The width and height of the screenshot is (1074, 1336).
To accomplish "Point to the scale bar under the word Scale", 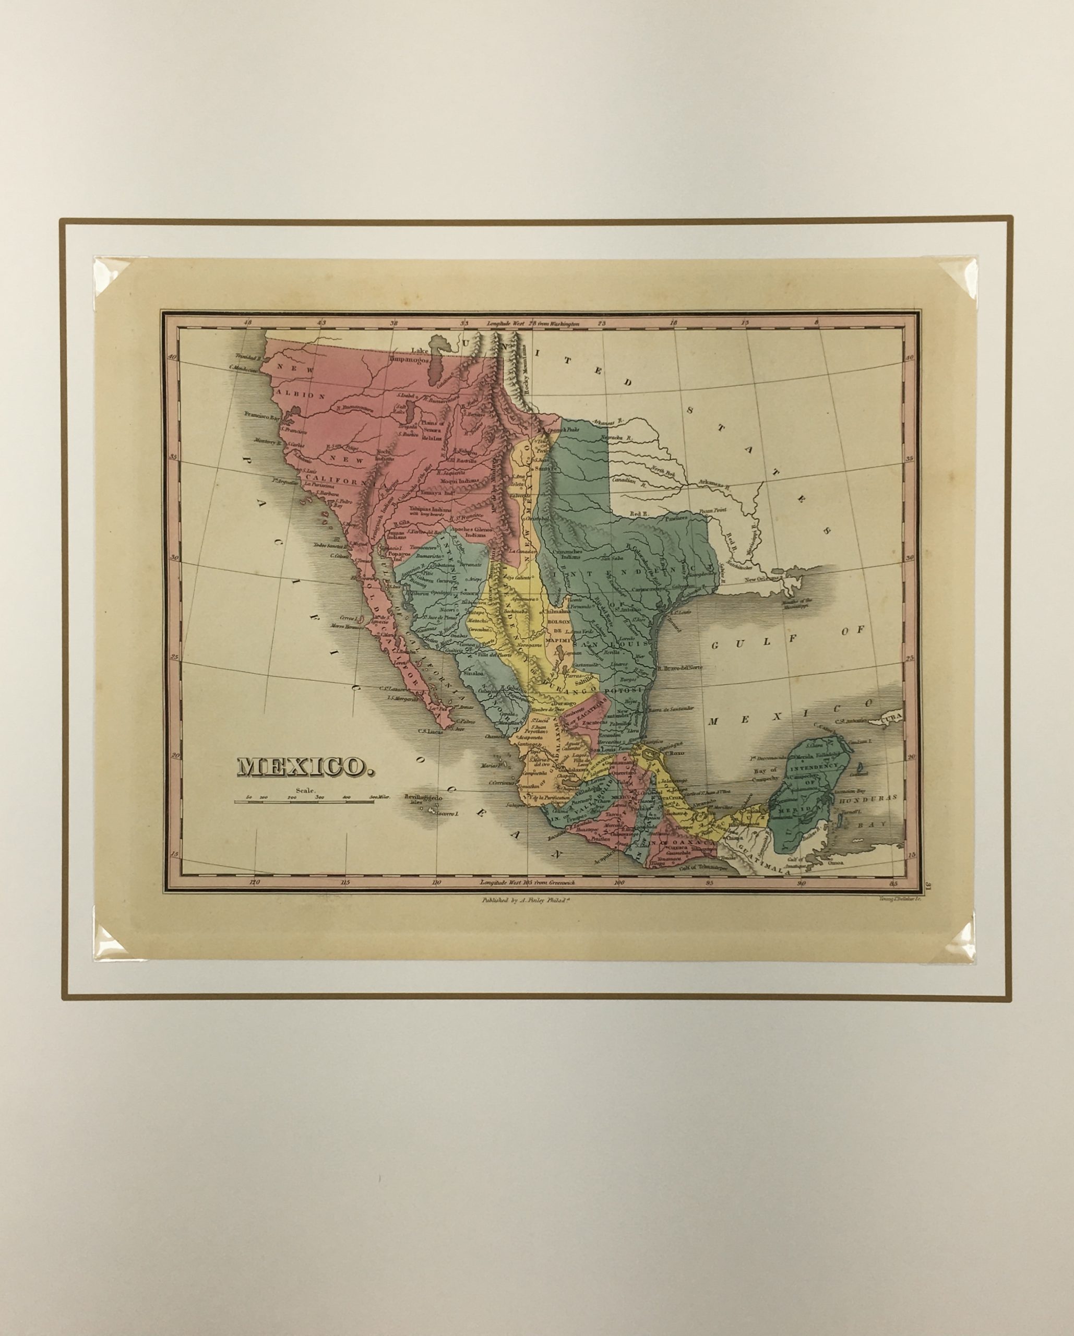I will click(304, 802).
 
